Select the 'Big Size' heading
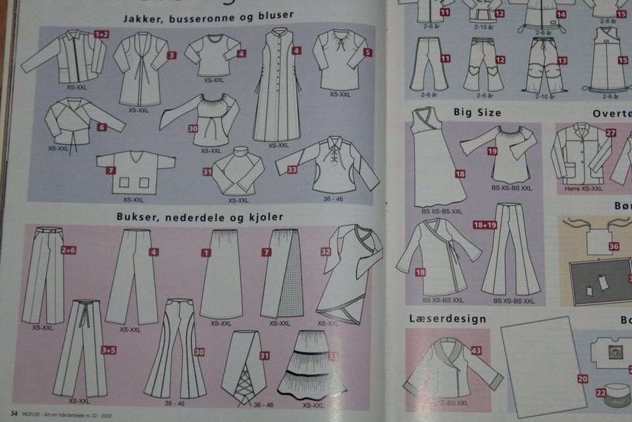point(477,113)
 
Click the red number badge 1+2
point(102,34)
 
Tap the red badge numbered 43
point(476,351)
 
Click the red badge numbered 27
point(611,133)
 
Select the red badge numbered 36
point(614,246)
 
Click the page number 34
point(13,413)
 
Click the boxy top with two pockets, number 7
point(135,173)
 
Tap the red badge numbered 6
point(101,127)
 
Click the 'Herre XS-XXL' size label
point(583,189)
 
